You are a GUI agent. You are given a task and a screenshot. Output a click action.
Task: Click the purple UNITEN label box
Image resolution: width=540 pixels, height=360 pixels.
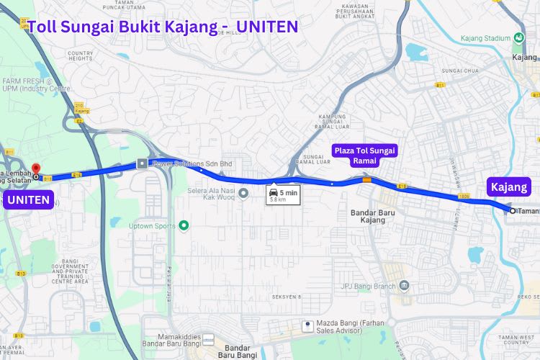(30, 199)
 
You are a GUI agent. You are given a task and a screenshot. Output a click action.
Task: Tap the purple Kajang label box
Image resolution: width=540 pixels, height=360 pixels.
(508, 187)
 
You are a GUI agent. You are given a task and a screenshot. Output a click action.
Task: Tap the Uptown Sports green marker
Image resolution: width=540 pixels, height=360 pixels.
(184, 225)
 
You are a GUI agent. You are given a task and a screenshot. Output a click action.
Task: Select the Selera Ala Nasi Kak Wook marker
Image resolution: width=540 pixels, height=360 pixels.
(243, 193)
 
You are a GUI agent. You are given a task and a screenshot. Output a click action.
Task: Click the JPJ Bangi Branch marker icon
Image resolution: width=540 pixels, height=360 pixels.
(404, 287)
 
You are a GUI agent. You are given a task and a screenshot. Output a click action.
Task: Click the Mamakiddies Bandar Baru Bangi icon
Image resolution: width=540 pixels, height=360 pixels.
(209, 338)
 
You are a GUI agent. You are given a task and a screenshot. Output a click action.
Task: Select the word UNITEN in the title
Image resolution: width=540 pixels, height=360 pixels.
(267, 27)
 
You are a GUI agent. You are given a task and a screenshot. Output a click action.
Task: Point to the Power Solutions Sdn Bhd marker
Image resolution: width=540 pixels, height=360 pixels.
(142, 163)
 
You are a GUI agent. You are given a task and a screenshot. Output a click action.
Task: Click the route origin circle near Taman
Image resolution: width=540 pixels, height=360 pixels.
(513, 211)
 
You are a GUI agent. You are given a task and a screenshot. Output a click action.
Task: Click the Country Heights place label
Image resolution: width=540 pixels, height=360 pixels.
(80, 55)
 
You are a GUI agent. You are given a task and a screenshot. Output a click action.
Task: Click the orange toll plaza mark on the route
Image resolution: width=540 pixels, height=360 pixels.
(367, 181)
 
